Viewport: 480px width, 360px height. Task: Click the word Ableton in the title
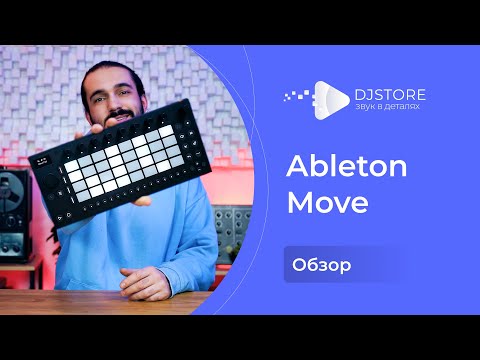tap(347, 167)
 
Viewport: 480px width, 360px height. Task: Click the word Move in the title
tap(328, 203)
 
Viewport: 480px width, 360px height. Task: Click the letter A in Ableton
tap(296, 167)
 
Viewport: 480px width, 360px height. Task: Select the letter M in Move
tap(299, 203)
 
